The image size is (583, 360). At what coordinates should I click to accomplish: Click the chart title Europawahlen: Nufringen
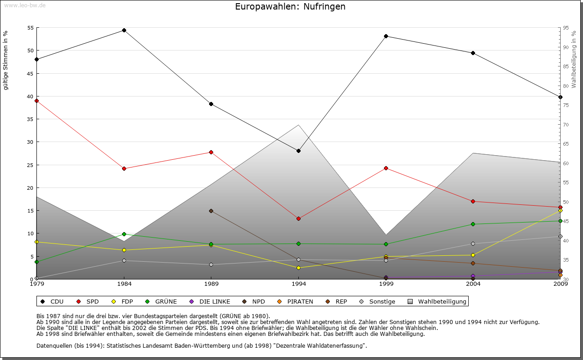[x=290, y=7]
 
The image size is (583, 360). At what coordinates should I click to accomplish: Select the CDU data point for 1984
[x=124, y=30]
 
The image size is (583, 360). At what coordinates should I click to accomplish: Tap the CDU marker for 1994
[x=298, y=151]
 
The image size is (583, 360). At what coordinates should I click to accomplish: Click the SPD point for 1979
[x=36, y=101]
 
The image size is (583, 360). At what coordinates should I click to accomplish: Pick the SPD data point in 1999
[x=386, y=168]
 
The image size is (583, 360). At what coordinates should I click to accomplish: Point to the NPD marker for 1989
[x=211, y=211]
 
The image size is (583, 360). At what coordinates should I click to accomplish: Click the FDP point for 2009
[x=560, y=210]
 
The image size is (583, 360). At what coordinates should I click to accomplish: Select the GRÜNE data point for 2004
[x=473, y=224]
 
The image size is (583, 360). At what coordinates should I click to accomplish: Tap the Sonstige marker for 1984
[x=124, y=260]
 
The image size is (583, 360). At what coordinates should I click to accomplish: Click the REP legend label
[x=341, y=301]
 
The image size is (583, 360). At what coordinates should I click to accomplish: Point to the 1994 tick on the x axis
[x=299, y=284]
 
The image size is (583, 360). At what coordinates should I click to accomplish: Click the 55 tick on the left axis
[x=31, y=28]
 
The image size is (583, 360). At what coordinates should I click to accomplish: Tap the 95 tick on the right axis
[x=565, y=28]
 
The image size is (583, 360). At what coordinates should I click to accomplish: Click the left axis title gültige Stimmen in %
[x=6, y=60]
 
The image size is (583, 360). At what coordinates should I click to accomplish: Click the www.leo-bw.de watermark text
[x=25, y=5]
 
